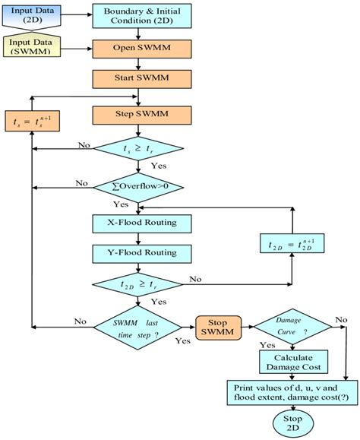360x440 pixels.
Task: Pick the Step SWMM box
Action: [x=137, y=115]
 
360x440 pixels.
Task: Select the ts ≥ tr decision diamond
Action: [x=137, y=150]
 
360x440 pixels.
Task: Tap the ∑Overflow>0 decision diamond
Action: [x=137, y=185]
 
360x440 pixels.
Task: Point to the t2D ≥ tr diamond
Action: [x=137, y=286]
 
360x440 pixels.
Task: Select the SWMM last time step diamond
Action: [x=138, y=328]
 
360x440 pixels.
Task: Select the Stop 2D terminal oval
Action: [x=292, y=423]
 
